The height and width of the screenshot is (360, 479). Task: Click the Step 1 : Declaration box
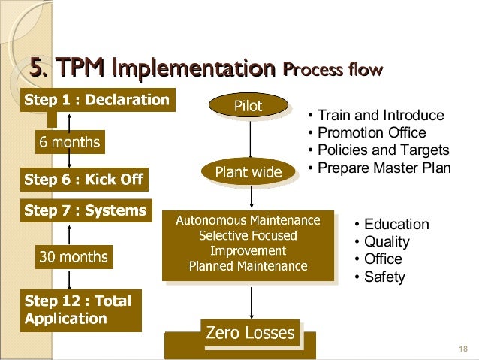97,99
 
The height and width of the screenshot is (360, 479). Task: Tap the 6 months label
68,141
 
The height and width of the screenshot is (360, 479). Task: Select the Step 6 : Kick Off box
83,180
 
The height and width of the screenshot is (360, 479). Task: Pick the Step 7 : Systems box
85,210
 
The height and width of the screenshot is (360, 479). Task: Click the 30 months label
74,257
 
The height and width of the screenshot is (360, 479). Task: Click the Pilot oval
249,107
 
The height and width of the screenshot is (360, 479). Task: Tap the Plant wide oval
249,173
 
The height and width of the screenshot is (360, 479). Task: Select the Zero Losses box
250,332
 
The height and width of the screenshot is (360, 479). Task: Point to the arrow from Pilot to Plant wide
250,139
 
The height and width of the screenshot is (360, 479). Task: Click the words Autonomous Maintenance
248,221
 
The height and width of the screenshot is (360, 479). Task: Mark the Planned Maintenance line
248,266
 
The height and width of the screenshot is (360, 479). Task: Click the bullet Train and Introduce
380,116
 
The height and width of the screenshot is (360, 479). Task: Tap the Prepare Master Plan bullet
383,168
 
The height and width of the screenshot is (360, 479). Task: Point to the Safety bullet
384,277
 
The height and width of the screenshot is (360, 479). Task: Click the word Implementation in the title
191,70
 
